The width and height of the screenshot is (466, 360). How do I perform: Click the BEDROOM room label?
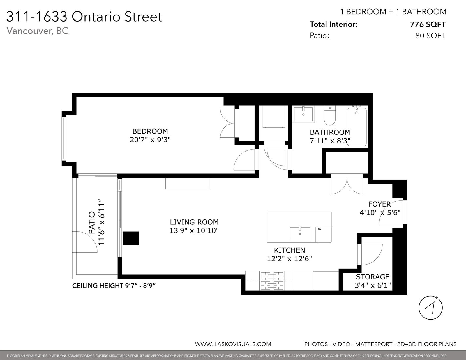150,131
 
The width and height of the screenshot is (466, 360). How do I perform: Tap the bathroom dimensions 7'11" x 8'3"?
330,141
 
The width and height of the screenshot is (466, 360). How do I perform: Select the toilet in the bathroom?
330,116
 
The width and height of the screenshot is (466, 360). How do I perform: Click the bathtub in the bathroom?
356,127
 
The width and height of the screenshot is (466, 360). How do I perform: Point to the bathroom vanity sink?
303,114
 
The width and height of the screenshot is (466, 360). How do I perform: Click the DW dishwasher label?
319,229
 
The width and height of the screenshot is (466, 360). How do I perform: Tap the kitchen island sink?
300,234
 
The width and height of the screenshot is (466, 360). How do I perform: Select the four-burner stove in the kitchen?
272,281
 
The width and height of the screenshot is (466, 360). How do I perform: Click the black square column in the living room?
131,238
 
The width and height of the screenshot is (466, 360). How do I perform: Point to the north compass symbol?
430,308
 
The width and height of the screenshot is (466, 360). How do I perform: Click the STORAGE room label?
373,277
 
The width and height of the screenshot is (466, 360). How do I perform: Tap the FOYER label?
379,204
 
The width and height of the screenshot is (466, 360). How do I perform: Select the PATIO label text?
92,222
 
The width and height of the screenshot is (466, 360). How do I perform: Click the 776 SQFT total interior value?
428,25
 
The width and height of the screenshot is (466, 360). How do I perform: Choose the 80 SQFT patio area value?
431,36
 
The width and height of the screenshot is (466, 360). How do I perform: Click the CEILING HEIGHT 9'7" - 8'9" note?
114,286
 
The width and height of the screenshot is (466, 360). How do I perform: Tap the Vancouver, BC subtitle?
38,31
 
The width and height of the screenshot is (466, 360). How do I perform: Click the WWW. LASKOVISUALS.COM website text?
233,344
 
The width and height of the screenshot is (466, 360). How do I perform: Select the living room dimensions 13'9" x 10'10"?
194,230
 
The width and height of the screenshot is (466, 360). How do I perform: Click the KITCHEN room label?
290,250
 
